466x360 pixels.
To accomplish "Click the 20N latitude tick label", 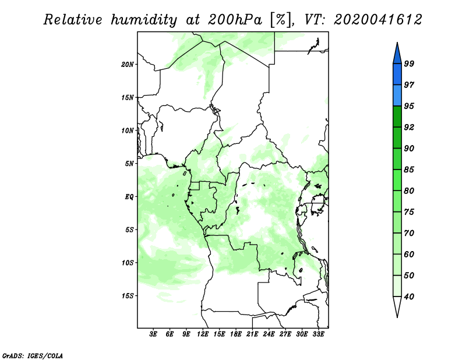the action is pos(128,65).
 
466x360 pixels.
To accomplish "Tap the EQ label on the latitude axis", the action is pos(129,197).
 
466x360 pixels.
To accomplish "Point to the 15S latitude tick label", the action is pos(128,296).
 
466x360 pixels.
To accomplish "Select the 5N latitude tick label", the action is pos(129,164).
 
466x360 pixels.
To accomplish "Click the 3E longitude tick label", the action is pos(153,334).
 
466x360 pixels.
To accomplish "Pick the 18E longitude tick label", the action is pos(236,334).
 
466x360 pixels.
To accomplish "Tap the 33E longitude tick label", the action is pos(318,334).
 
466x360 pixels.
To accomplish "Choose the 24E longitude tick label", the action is pos(269,334).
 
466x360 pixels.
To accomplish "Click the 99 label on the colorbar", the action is pos(409,63).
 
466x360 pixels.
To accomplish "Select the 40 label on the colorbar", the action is pos(409,297).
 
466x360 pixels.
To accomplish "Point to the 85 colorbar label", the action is pos(409,170).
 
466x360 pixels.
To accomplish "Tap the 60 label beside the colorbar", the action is pos(409,254).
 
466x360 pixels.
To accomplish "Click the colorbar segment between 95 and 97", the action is pos(397,96).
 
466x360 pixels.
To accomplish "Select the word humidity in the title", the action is pos(144,20).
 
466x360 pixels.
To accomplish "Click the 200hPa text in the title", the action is pos(235,20).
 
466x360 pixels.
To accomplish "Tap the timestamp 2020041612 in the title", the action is pos(378,20).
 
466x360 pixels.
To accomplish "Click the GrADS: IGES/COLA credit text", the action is pos(33,356).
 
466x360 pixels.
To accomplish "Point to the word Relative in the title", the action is pos(72,20).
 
